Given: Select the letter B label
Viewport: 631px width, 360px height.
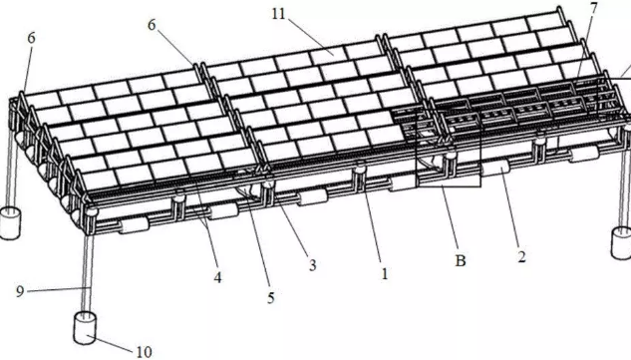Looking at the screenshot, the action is click(462, 261).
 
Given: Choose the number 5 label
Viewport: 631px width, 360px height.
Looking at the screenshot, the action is click(270, 297).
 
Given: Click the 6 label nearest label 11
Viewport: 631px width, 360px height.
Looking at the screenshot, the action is click(153, 25).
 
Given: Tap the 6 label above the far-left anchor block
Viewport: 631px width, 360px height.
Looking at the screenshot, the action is click(31, 38).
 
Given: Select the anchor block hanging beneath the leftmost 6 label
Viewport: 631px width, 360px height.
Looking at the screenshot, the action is click(11, 221).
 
